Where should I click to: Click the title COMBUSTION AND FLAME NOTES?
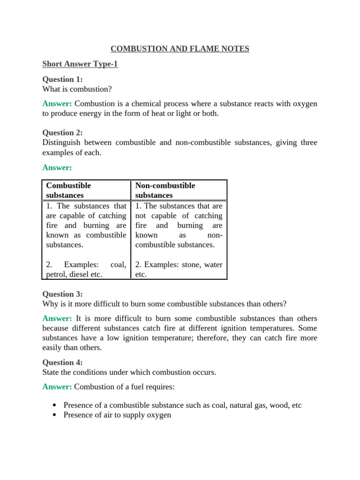pyautogui.click(x=180, y=48)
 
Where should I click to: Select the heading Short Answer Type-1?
pyautogui.click(x=80, y=64)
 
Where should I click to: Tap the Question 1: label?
pyautogui.click(x=62, y=79)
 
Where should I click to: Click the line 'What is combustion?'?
pyautogui.click(x=77, y=89)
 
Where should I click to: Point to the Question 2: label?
pyautogui.click(x=62, y=133)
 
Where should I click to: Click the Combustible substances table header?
pyautogui.click(x=68, y=190)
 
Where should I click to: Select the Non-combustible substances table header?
pyautogui.click(x=165, y=190)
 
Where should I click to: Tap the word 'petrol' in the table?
pyautogui.click(x=56, y=274)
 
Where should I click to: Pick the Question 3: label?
pyautogui.click(x=62, y=294)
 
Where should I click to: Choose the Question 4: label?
pyautogui.click(x=62, y=362)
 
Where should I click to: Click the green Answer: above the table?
pyautogui.click(x=57, y=167)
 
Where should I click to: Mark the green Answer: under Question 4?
pyautogui.click(x=57, y=387)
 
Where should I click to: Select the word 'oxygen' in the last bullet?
pyautogui.click(x=158, y=415)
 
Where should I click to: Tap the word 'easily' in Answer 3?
pyautogui.click(x=52, y=347)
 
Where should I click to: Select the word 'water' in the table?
pyautogui.click(x=213, y=265)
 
